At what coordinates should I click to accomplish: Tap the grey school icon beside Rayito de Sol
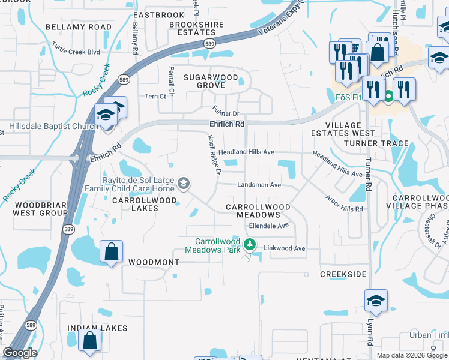point(184,183)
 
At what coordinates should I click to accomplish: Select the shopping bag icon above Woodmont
point(112,251)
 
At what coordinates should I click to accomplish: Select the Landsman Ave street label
point(259,185)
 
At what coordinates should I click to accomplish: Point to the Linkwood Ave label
point(288,248)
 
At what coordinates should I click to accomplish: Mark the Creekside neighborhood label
point(343,274)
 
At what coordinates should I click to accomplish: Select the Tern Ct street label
point(155,97)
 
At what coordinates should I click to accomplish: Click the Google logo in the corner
point(20,353)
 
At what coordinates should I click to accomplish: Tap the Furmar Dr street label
point(226,111)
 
